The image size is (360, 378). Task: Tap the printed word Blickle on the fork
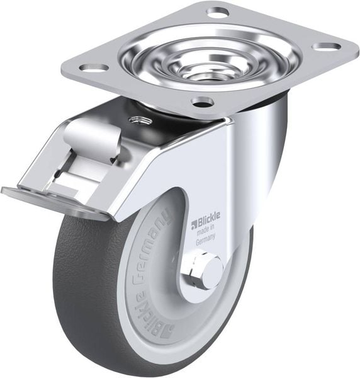[205, 222]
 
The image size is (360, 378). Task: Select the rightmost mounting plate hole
[326, 47]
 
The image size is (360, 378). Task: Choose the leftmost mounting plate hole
[93, 67]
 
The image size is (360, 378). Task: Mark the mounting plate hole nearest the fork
[201, 101]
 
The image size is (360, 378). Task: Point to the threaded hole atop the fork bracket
[137, 119]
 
